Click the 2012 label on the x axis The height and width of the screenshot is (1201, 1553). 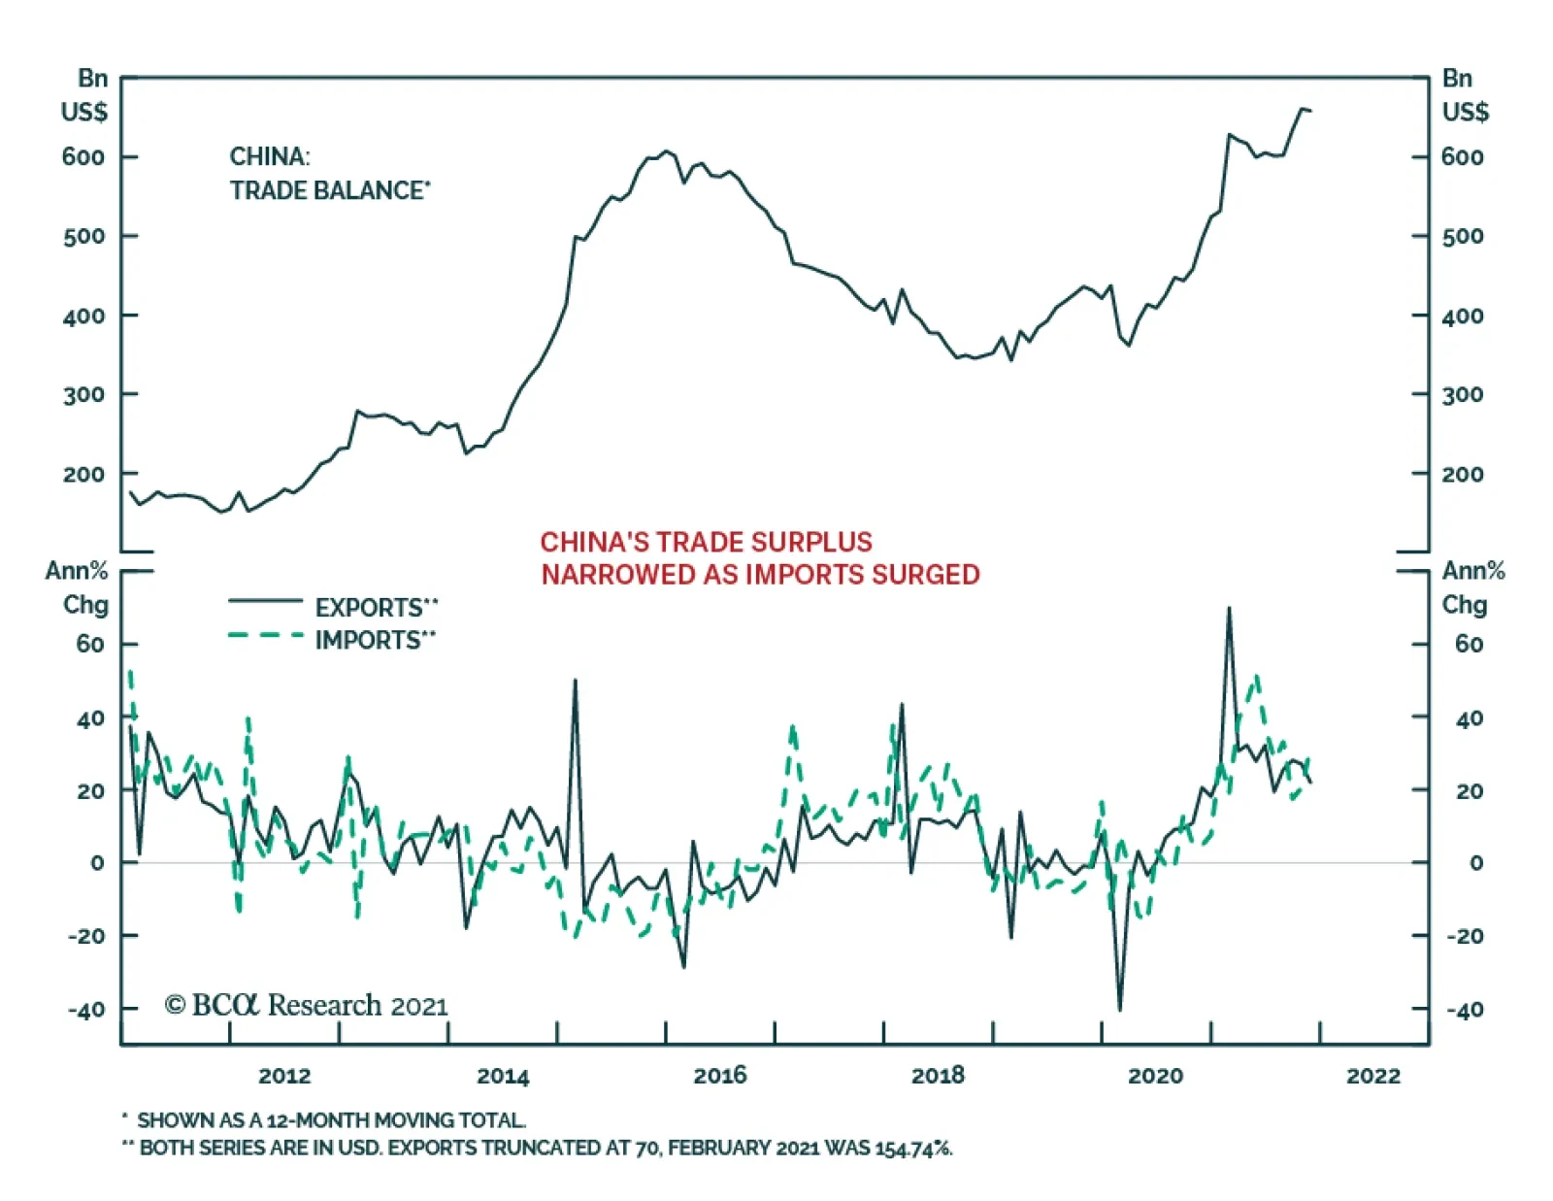click(284, 1075)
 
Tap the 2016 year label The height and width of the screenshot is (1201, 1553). click(720, 1075)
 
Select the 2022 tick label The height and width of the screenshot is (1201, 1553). click(1373, 1075)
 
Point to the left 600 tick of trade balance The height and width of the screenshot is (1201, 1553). click(83, 157)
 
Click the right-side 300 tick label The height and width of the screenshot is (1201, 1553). click(1463, 395)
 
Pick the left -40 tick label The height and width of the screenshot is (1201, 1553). click(86, 1010)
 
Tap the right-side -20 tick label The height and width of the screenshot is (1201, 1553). click(1465, 936)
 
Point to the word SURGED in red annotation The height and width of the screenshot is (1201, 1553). click(925, 575)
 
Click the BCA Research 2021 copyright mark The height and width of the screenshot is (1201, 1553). click(307, 1005)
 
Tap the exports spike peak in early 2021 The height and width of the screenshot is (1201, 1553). click(1229, 609)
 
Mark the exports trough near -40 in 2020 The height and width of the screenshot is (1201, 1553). click(1120, 1010)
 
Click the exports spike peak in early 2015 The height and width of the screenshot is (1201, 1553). click(576, 681)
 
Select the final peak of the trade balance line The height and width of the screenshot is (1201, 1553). click(1303, 109)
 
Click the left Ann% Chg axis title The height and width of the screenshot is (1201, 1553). click(78, 587)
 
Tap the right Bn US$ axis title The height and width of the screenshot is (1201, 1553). click(1464, 95)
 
